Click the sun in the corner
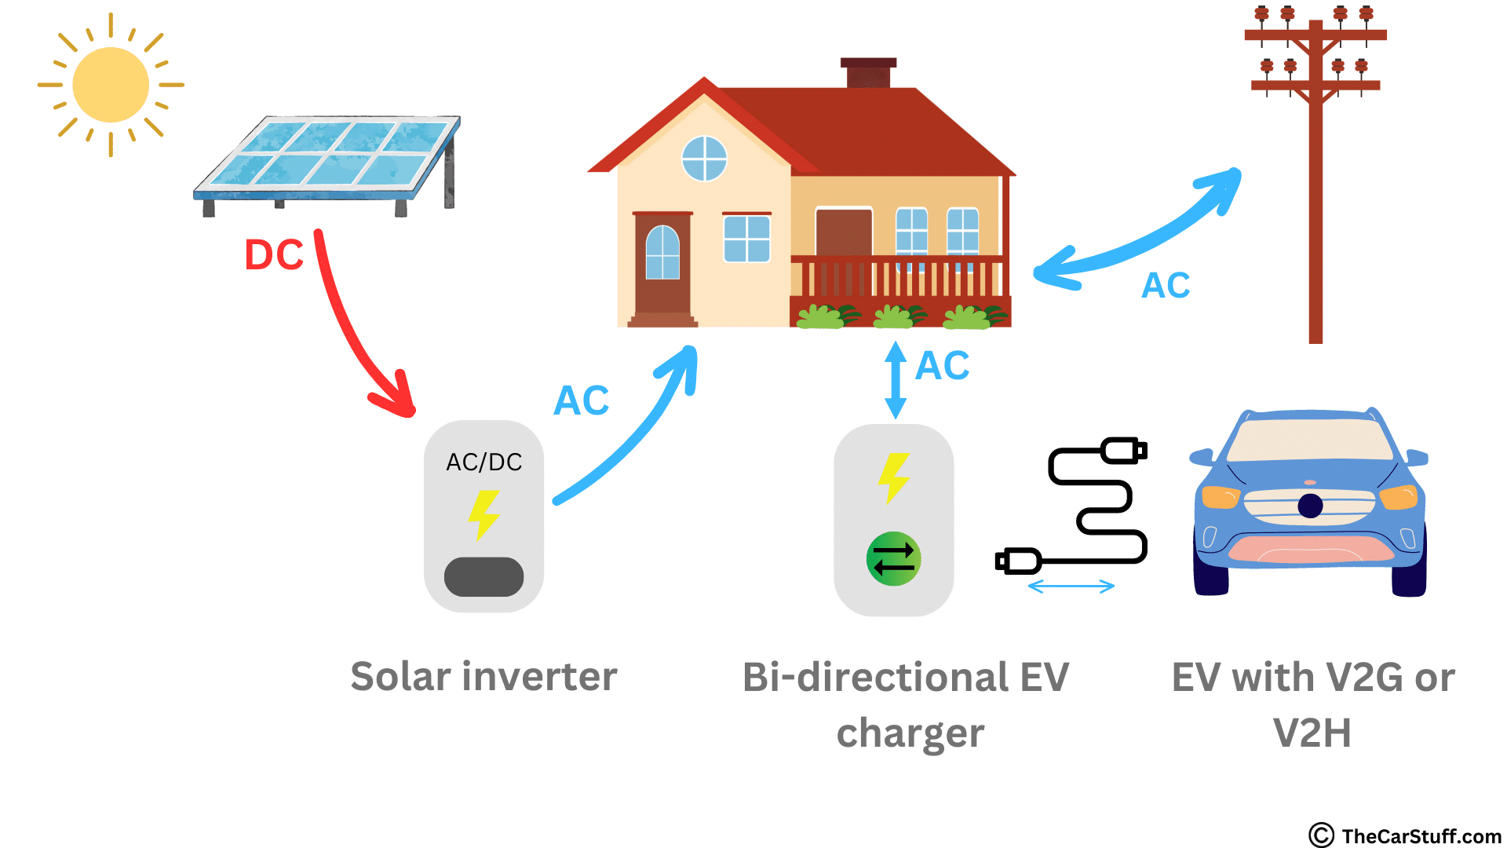click(x=111, y=85)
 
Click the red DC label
click(x=274, y=255)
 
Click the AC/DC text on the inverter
click(x=484, y=462)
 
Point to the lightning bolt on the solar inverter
click(x=483, y=515)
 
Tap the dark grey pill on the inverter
click(x=483, y=577)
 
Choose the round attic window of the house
click(x=704, y=159)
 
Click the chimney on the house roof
click(x=868, y=73)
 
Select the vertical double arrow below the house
click(x=896, y=380)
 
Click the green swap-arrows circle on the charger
click(x=894, y=559)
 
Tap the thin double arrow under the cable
click(x=1071, y=586)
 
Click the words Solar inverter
click(x=483, y=676)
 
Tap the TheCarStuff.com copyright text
click(x=1405, y=835)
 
